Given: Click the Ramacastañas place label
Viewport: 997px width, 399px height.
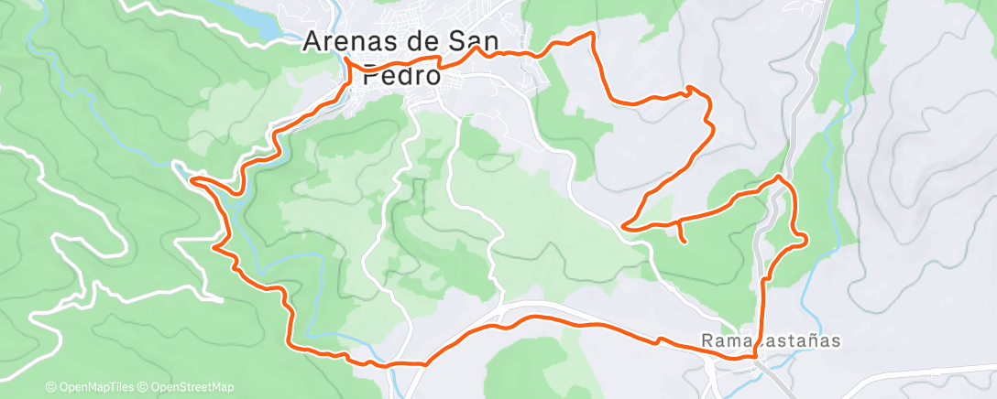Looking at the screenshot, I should (771, 340).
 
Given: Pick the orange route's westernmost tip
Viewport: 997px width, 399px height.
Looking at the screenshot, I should (192, 179).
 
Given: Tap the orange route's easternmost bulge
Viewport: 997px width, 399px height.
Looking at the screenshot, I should (805, 239).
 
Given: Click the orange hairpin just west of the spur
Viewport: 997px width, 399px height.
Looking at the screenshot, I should (624, 224).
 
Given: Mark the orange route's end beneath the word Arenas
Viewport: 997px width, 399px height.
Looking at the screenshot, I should (346, 60).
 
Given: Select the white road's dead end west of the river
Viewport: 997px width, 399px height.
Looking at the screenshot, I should (221, 299).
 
